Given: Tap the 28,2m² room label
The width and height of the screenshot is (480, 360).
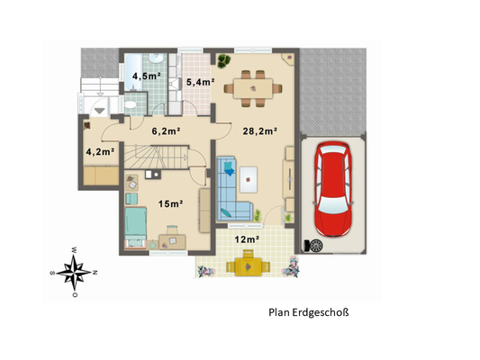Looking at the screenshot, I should point(259,130).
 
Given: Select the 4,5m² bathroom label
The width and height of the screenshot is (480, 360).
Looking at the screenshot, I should point(146,76).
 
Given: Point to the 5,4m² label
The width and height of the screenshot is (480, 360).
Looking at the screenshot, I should point(199,83).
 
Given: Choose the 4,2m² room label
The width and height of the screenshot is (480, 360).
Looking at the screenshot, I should point(100,151).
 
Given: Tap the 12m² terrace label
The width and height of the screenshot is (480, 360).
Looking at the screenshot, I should point(248,239).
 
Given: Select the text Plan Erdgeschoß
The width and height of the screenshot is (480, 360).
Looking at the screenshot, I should point(308,314).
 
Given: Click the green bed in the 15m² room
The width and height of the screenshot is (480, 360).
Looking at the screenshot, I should point(135,225).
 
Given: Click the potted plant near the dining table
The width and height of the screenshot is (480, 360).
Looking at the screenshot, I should point(222,60).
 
